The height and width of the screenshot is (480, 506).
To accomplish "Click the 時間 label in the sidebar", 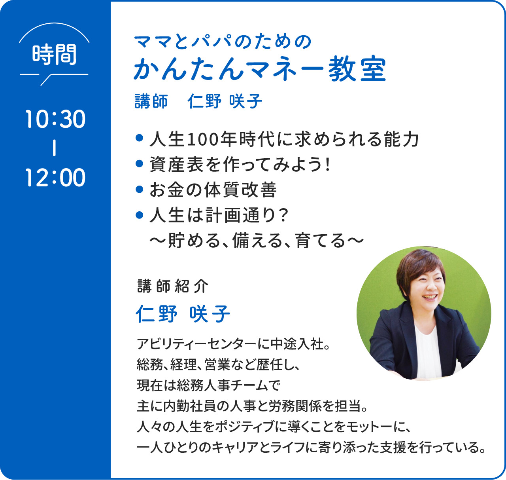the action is click(54, 54).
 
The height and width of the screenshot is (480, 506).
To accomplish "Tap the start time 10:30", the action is click(55, 119).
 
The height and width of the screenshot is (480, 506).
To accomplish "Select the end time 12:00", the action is click(55, 177).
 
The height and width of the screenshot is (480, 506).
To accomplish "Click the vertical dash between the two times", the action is click(54, 148).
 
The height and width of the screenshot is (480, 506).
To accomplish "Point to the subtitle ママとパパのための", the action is click(223, 42).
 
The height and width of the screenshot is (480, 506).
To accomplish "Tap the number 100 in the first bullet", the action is click(202, 140).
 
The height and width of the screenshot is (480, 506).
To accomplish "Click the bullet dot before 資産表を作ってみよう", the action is click(139, 163).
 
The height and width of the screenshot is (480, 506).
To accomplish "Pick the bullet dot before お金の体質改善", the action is click(139, 190).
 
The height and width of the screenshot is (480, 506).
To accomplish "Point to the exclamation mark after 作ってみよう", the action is click(327, 164).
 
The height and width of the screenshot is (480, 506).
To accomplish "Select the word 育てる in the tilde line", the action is click(321, 241).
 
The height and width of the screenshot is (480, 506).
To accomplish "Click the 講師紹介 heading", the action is click(173, 286).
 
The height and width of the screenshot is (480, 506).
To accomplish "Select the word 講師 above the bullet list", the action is click(151, 101).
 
